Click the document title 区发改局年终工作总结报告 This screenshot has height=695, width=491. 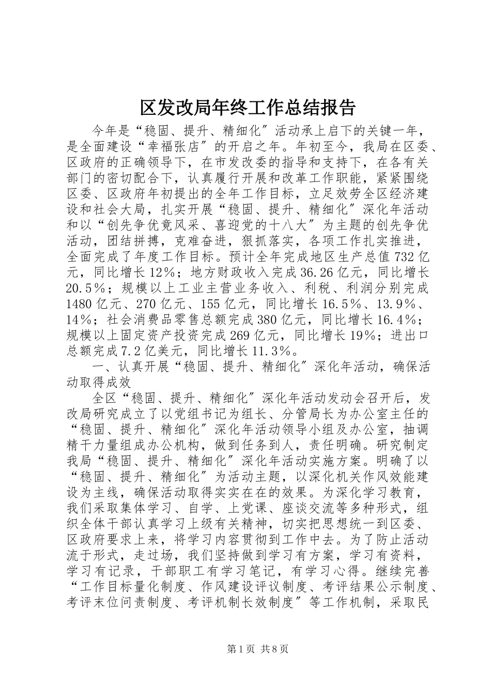tap(248, 108)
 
